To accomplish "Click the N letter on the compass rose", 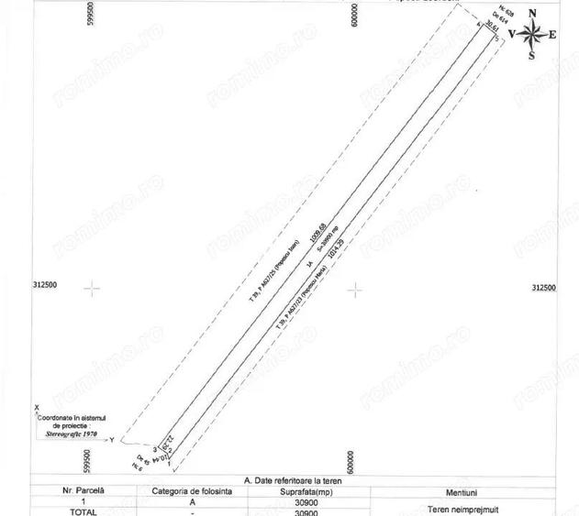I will (x=532, y=14).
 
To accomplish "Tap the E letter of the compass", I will (x=553, y=35).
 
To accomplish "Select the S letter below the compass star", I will (x=532, y=56).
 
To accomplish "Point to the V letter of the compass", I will (x=511, y=35).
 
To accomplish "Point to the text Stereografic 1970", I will (x=72, y=434).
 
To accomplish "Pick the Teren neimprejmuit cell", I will (x=473, y=507).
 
